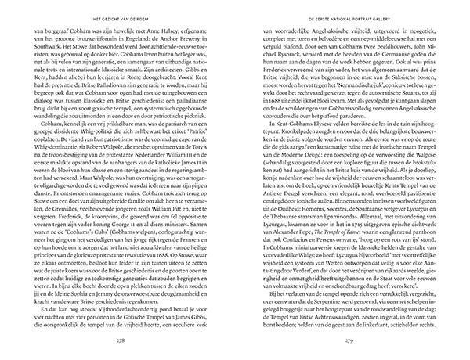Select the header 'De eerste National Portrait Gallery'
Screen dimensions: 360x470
345,13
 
